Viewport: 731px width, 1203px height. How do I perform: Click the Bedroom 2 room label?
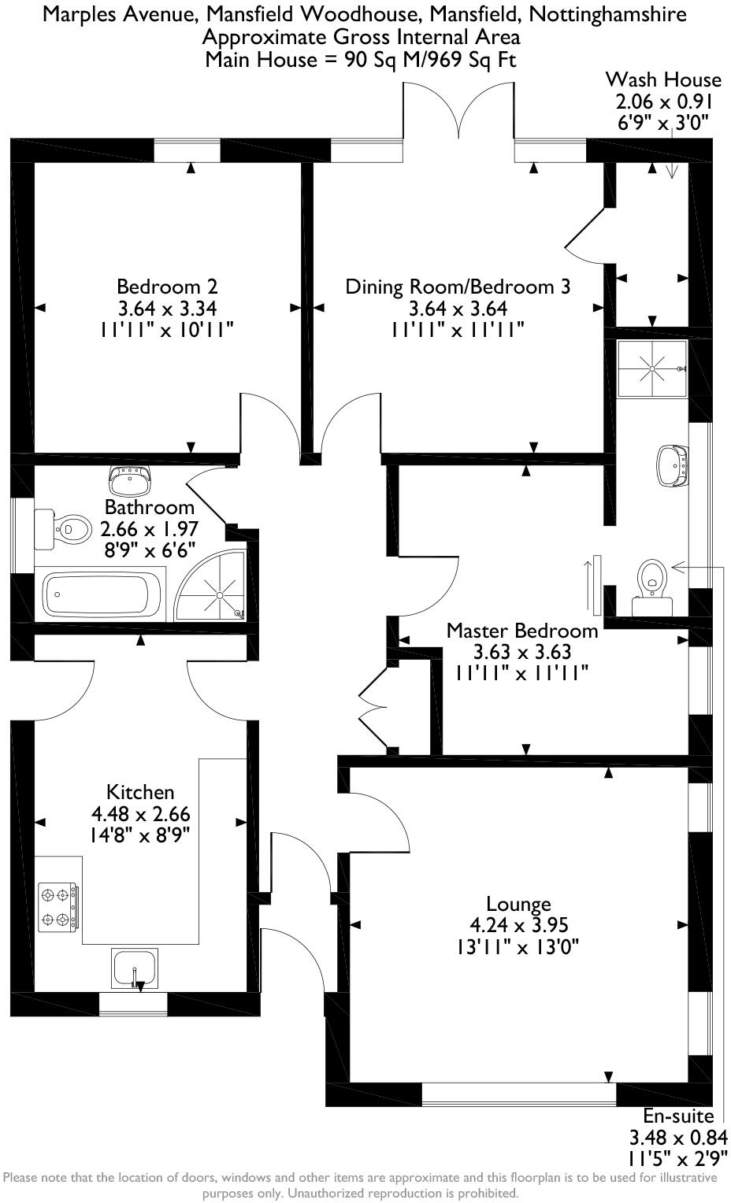167,287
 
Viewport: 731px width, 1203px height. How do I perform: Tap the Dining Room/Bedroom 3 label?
457,287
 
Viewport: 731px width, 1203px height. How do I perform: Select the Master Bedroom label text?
521,631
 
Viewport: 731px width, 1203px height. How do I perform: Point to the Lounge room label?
518,904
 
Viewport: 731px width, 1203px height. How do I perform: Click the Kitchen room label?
140,792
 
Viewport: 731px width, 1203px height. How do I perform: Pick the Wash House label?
662,80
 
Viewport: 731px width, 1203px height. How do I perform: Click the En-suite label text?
677,1116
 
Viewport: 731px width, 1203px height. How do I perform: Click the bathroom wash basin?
130,479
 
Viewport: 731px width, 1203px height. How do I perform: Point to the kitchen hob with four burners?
58,906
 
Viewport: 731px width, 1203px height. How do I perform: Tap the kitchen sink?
135,967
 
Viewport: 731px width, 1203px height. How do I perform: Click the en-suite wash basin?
672,465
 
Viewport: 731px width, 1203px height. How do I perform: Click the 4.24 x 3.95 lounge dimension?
518,925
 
